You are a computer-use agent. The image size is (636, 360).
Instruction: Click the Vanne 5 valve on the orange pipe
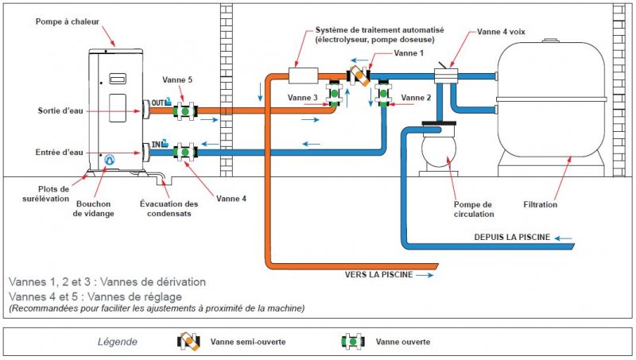tap(185, 111)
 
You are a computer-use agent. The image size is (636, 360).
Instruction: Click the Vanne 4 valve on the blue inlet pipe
tap(185, 153)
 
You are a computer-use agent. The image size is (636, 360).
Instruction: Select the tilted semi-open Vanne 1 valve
tap(359, 75)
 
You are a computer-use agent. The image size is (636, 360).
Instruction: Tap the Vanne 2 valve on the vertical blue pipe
tap(383, 94)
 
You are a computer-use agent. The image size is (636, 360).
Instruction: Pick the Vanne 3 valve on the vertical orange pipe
tap(334, 94)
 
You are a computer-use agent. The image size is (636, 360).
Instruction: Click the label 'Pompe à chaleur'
tap(68, 22)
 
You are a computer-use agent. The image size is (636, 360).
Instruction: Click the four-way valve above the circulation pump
tap(446, 75)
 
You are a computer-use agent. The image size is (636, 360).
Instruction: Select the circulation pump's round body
tap(439, 149)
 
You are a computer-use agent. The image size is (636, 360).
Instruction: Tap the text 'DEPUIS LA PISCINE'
tap(512, 237)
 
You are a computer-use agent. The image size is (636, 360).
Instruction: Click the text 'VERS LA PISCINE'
tap(379, 274)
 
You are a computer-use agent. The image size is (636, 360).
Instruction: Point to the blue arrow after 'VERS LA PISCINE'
tap(425, 275)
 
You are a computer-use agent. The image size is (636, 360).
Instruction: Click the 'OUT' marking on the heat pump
tap(157, 103)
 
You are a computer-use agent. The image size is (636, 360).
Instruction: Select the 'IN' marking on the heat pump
tap(156, 144)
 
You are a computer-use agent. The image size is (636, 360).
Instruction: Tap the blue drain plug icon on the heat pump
tap(109, 161)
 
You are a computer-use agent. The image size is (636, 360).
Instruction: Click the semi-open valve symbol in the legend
tap(188, 342)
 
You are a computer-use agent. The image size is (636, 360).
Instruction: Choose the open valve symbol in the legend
tap(353, 342)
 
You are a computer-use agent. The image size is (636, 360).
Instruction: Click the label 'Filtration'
tap(541, 205)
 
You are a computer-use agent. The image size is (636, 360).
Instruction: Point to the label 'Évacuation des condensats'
tap(169, 208)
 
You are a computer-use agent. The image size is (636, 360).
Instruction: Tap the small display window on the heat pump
tap(118, 79)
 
